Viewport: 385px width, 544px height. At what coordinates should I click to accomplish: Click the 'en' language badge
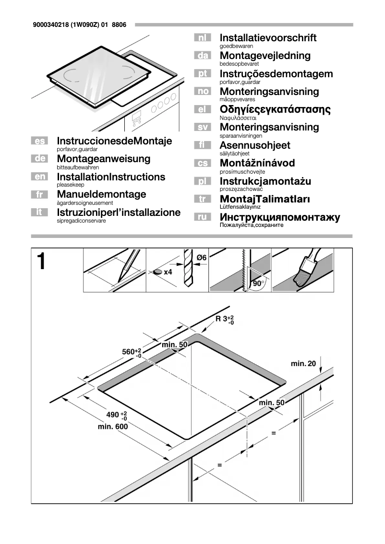click(x=38, y=177)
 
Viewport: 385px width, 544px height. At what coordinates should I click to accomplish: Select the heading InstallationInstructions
click(x=111, y=177)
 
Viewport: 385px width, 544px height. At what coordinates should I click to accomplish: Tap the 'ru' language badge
click(x=203, y=217)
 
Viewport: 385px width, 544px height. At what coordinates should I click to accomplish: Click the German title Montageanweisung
click(x=103, y=159)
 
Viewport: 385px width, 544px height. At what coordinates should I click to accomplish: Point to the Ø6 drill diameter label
click(x=201, y=258)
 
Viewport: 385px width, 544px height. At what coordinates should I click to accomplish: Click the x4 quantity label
click(x=168, y=272)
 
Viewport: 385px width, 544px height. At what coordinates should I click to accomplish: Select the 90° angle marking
click(x=259, y=283)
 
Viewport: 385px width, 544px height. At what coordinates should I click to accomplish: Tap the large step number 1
click(x=42, y=262)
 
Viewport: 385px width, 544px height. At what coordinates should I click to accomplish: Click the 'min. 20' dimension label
click(x=303, y=364)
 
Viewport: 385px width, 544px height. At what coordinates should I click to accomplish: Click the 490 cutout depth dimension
click(x=116, y=415)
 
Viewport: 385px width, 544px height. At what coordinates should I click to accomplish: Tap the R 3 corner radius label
click(x=224, y=319)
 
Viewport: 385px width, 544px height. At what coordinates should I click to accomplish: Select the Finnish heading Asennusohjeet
click(x=255, y=145)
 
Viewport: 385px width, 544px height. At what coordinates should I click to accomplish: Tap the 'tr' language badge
click(x=203, y=199)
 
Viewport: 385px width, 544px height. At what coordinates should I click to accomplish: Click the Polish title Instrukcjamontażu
click(x=265, y=181)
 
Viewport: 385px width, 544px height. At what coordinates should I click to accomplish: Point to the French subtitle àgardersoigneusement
click(x=84, y=203)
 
